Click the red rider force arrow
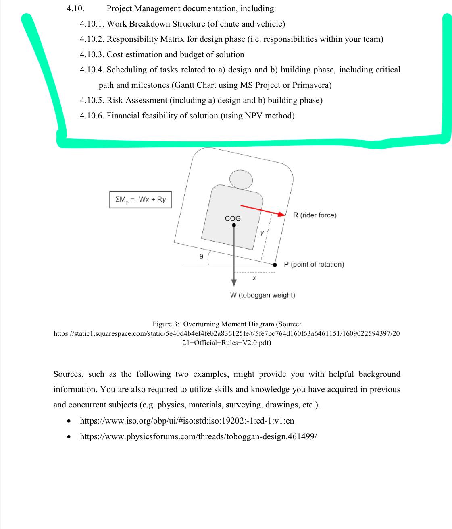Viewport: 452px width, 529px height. pyautogui.click(x=263, y=210)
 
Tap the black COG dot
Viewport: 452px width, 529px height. pyautogui.click(x=234, y=225)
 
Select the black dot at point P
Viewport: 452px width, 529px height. pyautogui.click(x=275, y=265)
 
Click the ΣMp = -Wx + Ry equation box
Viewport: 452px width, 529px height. pyautogui.click(x=140, y=199)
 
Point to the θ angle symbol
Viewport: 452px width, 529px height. pyautogui.click(x=201, y=256)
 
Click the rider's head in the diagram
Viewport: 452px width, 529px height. pyautogui.click(x=241, y=180)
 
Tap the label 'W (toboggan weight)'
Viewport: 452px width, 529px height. pyautogui.click(x=262, y=295)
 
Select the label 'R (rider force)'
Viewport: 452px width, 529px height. pyautogui.click(x=315, y=215)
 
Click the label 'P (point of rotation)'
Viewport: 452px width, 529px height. pyautogui.click(x=314, y=264)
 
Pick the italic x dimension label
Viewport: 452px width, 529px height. pyautogui.click(x=254, y=278)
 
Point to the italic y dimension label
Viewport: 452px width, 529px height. pyautogui.click(x=262, y=233)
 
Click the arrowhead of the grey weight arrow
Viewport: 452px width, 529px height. pyautogui.click(x=234, y=283)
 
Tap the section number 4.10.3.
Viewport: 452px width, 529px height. pyautogui.click(x=92, y=54)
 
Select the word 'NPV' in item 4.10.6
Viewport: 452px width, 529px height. pyautogui.click(x=254, y=116)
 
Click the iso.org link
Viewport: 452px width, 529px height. pyautogui.click(x=187, y=420)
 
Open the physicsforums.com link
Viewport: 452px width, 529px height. pyautogui.click(x=198, y=436)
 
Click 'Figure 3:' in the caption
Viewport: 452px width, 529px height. pyautogui.click(x=166, y=324)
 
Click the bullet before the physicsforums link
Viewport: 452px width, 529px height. pyautogui.click(x=69, y=437)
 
